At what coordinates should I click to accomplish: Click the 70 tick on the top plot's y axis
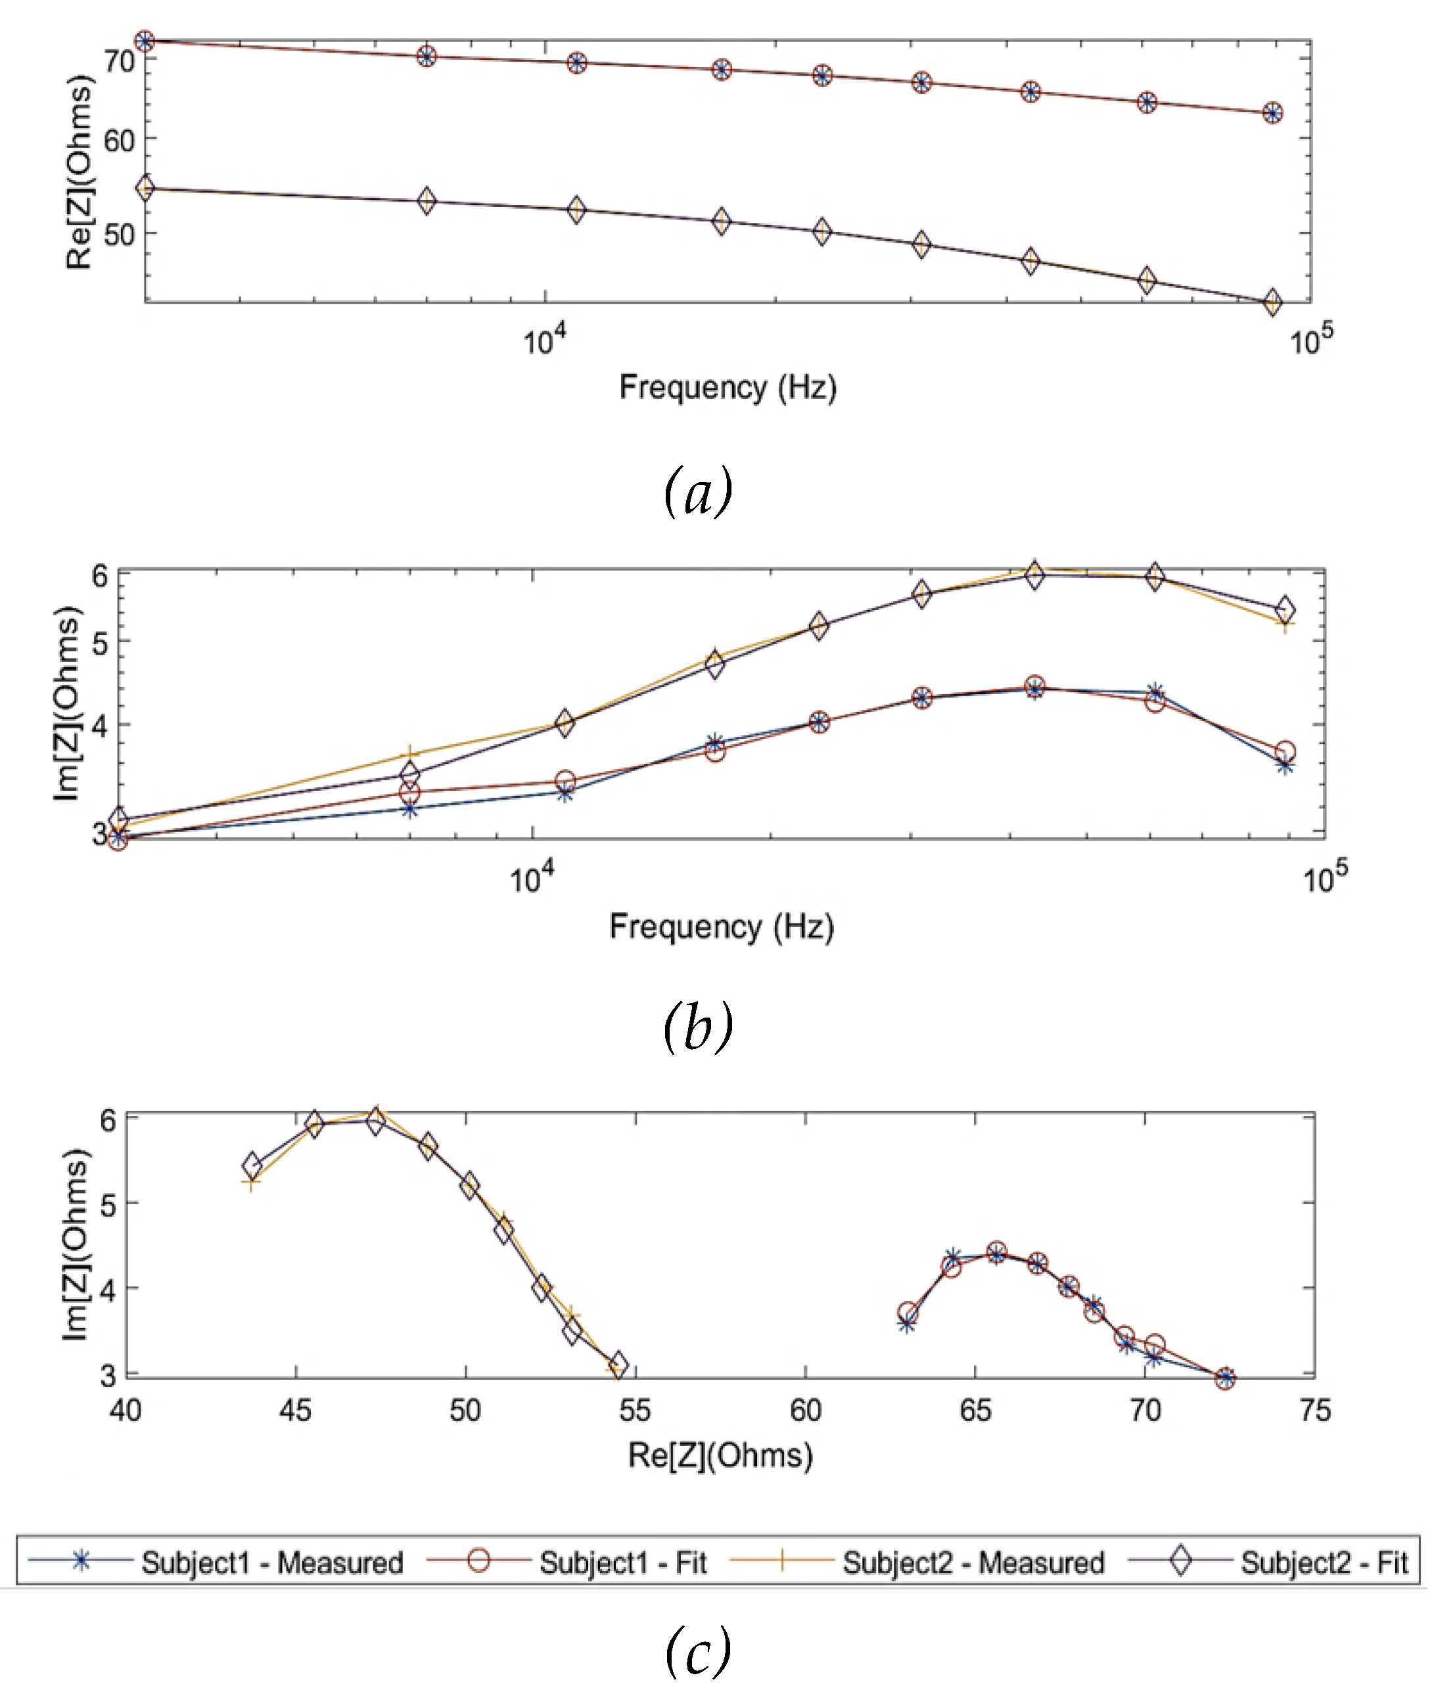(120, 61)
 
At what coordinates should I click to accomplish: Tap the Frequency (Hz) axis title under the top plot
(728, 387)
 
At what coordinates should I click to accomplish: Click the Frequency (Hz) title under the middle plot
(721, 927)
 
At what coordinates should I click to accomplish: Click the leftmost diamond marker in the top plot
(145, 189)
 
